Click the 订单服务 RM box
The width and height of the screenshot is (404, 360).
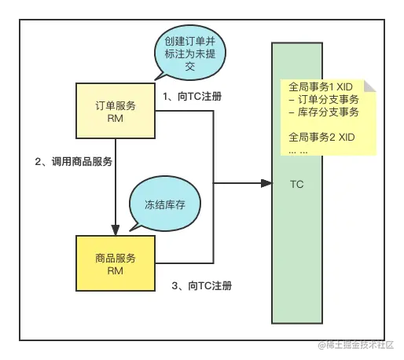click(116, 110)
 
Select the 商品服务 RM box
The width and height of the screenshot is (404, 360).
click(116, 263)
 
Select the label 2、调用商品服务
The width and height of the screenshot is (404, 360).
click(73, 162)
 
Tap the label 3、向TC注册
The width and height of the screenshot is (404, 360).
click(202, 285)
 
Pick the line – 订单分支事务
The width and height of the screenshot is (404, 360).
click(324, 100)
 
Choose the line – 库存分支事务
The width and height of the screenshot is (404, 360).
click(324, 112)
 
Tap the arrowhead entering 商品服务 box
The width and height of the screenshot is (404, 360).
click(116, 230)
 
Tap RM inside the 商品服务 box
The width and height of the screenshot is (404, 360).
click(116, 270)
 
